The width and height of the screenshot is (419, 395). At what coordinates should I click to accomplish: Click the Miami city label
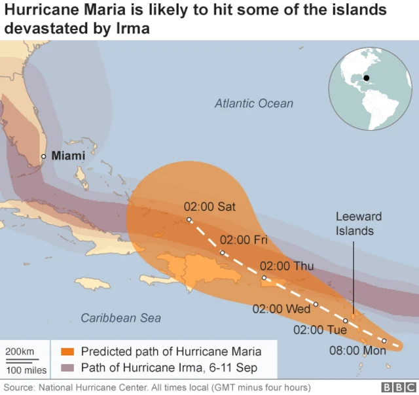click(67, 156)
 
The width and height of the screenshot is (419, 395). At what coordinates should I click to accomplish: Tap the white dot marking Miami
click(44, 156)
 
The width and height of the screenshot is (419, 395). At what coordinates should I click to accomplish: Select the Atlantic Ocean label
click(254, 103)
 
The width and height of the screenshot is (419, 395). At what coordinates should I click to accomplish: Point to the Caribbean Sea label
click(120, 318)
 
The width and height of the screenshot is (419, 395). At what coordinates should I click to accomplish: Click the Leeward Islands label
click(359, 223)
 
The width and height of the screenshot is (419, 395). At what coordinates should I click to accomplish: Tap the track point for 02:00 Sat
click(189, 220)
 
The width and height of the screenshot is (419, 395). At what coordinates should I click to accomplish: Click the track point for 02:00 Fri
click(223, 253)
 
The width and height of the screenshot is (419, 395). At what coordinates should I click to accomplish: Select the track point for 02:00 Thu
click(264, 278)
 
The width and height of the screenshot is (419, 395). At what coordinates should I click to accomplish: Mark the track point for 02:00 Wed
click(316, 304)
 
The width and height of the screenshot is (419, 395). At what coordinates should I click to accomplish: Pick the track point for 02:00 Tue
click(346, 321)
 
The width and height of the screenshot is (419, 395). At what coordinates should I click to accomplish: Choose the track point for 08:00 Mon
click(384, 341)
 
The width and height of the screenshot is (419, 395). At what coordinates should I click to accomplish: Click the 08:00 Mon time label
click(357, 351)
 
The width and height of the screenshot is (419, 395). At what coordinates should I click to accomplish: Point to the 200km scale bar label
click(21, 352)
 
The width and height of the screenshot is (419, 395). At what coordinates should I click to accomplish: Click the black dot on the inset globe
click(367, 78)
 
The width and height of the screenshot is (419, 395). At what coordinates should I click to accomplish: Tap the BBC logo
click(395, 386)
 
